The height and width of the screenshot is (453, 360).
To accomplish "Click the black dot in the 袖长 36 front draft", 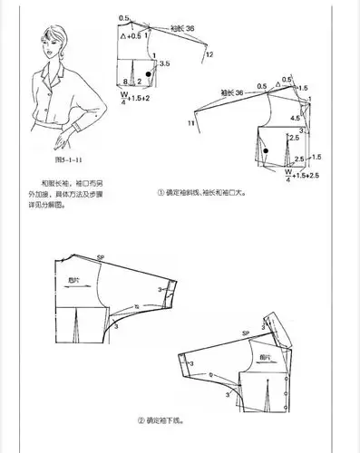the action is tap(263, 140).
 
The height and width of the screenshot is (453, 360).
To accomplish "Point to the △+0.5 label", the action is tap(131, 36).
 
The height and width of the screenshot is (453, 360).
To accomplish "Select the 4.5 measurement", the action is tap(295, 117).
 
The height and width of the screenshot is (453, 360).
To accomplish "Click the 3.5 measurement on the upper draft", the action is tap(164, 65).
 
